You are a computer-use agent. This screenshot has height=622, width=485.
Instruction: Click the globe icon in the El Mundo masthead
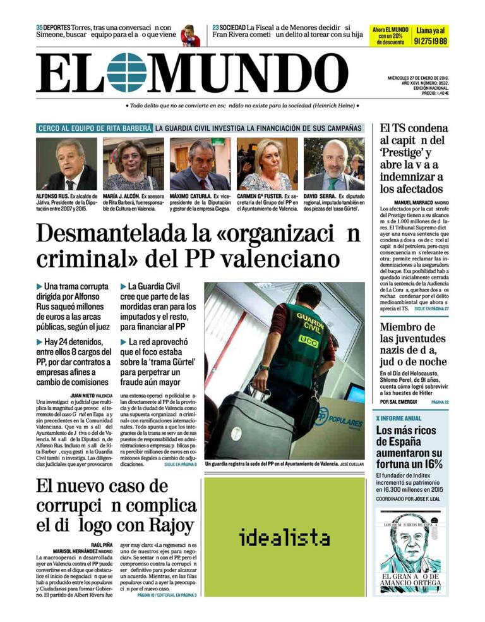click(126, 73)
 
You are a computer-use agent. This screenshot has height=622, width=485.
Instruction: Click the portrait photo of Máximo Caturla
click(200, 164)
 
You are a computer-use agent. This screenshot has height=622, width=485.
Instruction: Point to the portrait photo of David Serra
click(334, 164)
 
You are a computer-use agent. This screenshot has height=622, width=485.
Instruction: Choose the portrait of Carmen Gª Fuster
click(267, 164)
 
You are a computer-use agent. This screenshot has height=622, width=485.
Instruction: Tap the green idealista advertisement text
click(284, 538)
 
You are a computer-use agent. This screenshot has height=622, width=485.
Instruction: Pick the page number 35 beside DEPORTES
click(39, 27)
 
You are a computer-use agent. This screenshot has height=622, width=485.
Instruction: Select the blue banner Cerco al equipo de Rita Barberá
click(95, 128)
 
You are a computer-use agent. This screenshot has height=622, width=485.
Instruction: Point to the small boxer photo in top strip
click(188, 35)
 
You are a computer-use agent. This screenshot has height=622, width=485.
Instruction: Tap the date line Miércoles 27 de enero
click(418, 78)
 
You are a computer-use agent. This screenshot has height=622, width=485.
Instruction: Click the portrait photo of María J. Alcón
click(133, 164)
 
